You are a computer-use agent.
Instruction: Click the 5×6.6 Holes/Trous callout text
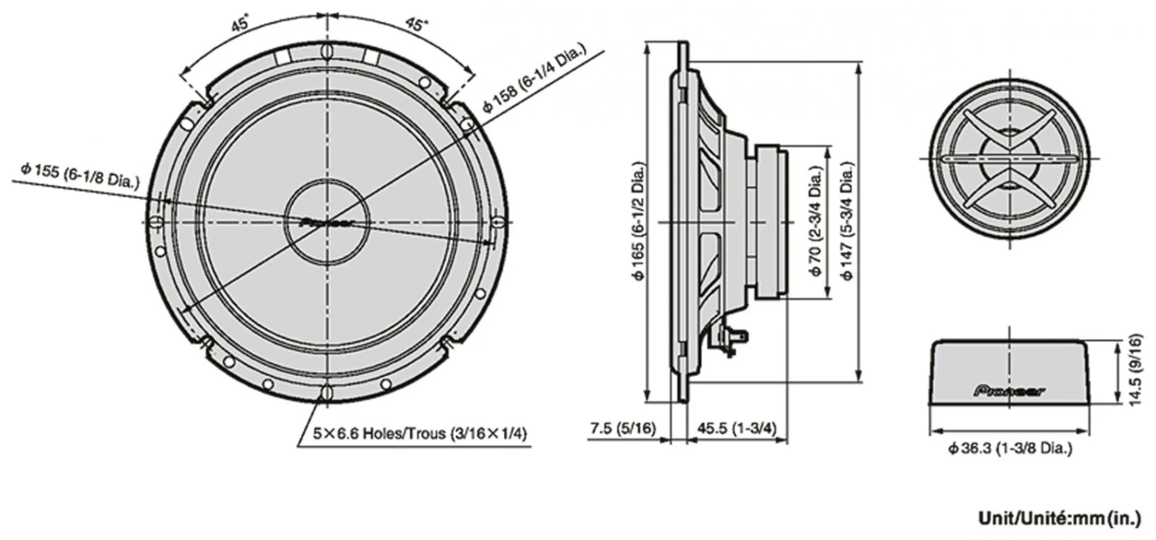pyautogui.click(x=420, y=434)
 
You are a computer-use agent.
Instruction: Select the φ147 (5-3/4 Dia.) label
pyautogui.click(x=847, y=221)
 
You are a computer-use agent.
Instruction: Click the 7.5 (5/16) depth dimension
pyautogui.click(x=623, y=428)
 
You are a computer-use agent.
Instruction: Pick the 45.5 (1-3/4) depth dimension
pyautogui.click(x=737, y=428)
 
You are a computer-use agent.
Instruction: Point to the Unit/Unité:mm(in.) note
pyautogui.click(x=1059, y=518)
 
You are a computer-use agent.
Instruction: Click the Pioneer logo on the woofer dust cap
pyautogui.click(x=326, y=221)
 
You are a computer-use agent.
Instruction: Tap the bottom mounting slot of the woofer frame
pyautogui.click(x=327, y=392)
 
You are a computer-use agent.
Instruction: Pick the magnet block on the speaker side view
pyautogui.click(x=771, y=221)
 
